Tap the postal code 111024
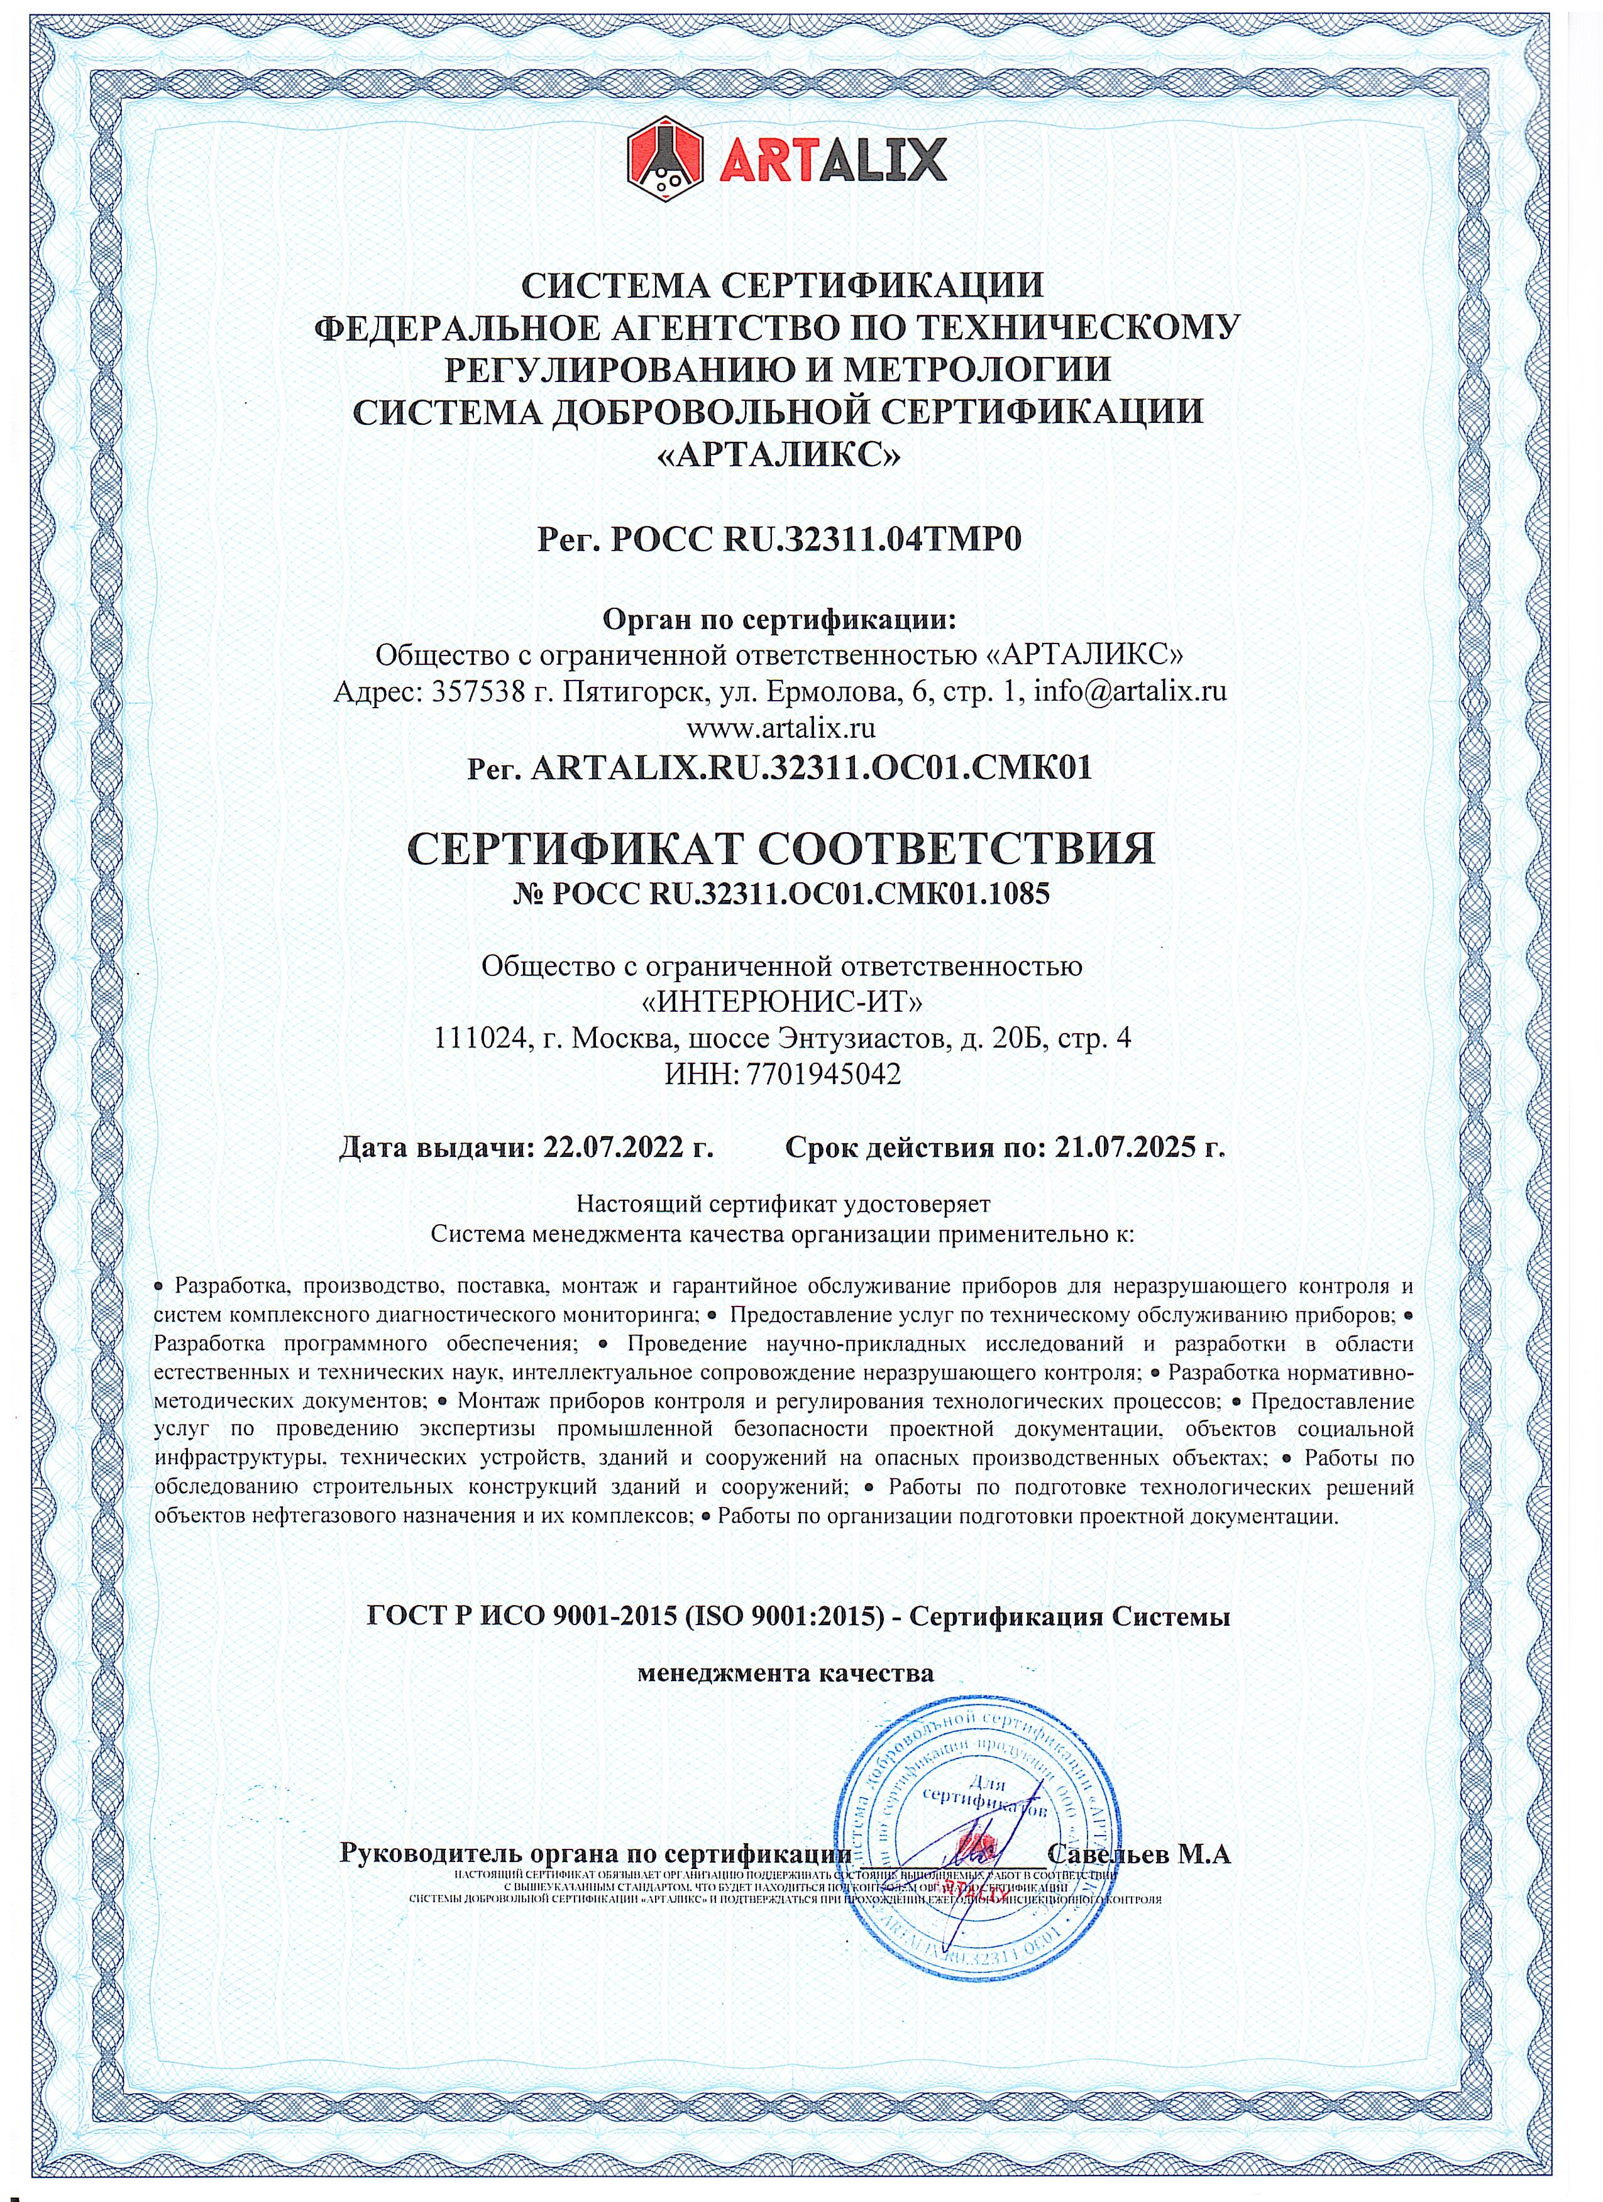click(x=482, y=1039)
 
